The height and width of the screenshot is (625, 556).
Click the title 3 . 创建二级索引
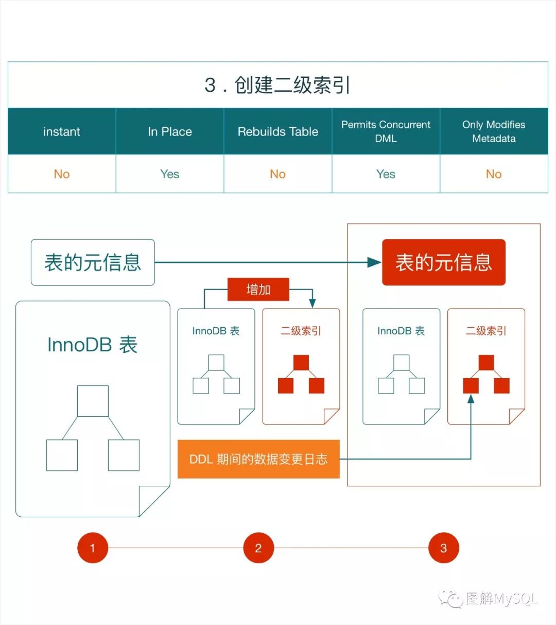tap(277, 85)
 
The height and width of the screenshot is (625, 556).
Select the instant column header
tap(62, 131)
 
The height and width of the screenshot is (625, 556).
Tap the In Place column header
tap(170, 131)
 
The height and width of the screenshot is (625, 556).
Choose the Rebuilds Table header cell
tap(277, 131)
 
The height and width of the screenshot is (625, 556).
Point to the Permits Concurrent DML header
tap(386, 131)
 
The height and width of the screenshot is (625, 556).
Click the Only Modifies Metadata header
tap(494, 131)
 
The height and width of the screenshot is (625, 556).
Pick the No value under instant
tap(62, 174)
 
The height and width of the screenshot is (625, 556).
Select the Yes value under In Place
tap(170, 174)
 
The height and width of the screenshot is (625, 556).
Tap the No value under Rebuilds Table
tap(277, 174)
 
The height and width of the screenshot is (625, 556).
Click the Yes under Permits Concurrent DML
tap(386, 174)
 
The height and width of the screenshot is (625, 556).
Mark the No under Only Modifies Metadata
tap(494, 174)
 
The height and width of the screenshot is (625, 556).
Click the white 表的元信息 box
tap(93, 262)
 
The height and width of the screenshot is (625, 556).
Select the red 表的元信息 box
tap(443, 262)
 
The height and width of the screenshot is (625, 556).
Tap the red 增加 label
tap(258, 290)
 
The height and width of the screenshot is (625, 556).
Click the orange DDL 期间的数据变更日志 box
tap(258, 459)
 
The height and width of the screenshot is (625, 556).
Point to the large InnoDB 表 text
tap(93, 345)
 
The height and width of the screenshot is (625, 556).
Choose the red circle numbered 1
tap(93, 548)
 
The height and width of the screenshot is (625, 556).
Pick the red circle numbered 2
tap(258, 548)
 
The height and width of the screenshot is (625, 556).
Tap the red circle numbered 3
tap(443, 548)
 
